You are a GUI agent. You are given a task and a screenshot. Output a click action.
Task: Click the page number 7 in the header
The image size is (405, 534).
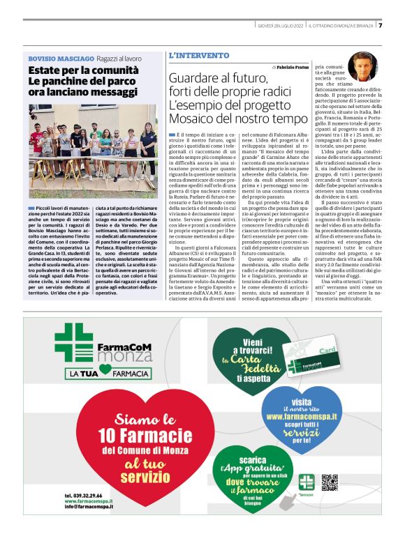point(381,26)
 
